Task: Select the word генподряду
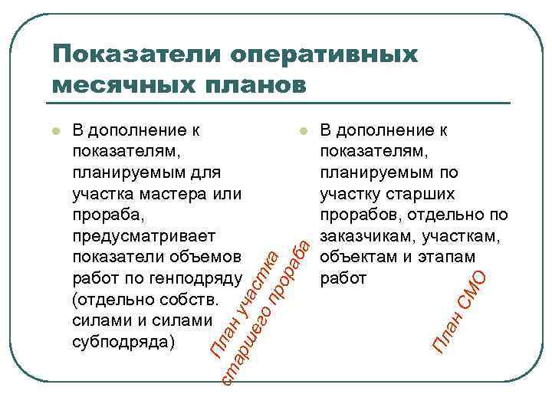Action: pyautogui.click(x=199, y=278)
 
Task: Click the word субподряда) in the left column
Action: pyautogui.click(x=123, y=341)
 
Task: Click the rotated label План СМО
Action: pyautogui.click(x=458, y=310)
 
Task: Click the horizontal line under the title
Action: pyautogui.click(x=281, y=102)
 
